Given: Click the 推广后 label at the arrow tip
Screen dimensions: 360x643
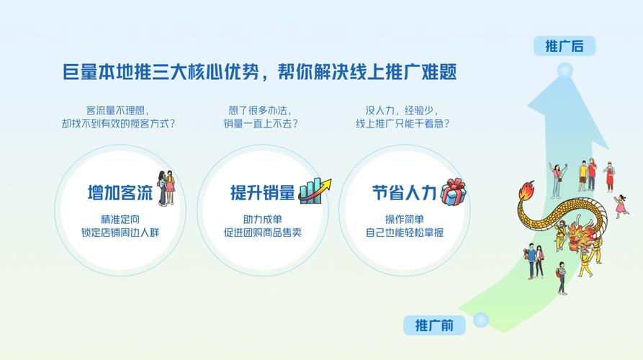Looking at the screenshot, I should pos(565,47).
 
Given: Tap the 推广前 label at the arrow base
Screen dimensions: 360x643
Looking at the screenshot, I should pos(434,325).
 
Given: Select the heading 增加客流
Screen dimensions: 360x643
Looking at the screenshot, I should pos(120,193).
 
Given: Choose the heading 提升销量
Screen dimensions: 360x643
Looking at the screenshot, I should pos(262,193).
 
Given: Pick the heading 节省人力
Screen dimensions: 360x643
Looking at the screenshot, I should pos(404,193).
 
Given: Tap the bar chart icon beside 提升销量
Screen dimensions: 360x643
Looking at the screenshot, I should pos(315,191).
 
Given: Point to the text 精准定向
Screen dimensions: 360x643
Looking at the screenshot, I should pos(120,220).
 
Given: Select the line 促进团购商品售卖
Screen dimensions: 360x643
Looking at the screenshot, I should pos(262,233).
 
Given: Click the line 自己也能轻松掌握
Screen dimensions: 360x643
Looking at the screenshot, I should pos(404,233).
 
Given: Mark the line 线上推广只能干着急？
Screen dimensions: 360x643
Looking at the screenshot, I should pos(404,124).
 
